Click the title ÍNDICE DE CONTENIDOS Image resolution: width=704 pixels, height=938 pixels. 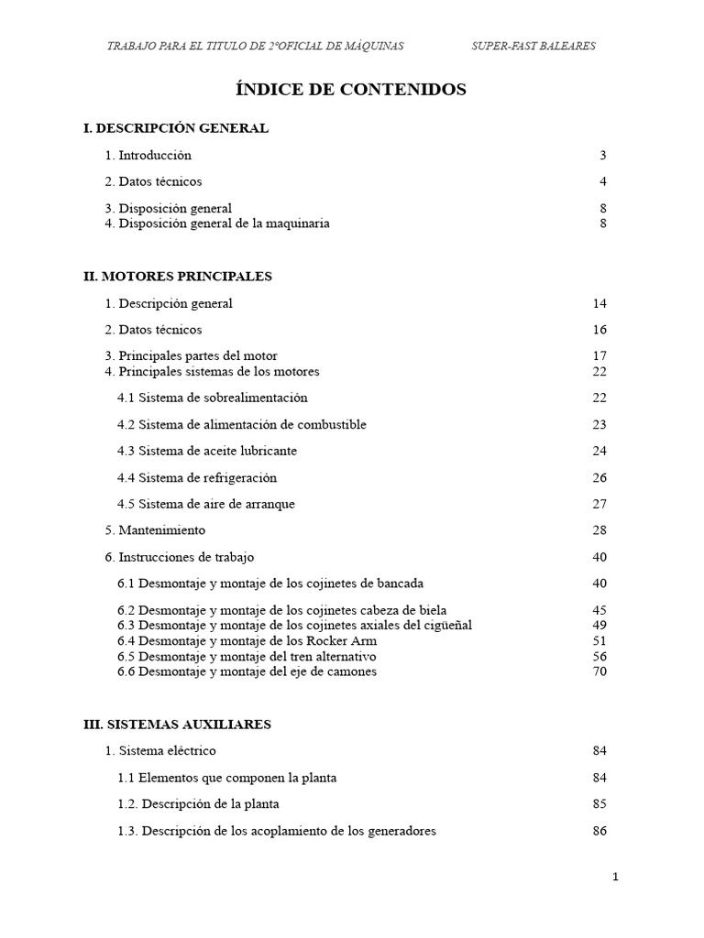351,90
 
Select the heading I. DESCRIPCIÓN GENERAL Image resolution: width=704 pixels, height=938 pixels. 176,128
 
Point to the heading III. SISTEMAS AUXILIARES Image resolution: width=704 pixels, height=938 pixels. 177,725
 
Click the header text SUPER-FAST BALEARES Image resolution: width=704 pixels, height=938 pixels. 533,46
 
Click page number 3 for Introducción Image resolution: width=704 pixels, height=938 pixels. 603,155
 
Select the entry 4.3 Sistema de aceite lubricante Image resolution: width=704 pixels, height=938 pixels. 207,451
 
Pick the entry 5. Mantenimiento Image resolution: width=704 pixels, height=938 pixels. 155,530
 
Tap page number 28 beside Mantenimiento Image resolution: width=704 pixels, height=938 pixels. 599,530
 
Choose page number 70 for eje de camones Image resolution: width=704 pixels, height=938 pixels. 599,671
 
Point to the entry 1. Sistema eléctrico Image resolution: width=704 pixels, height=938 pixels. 160,751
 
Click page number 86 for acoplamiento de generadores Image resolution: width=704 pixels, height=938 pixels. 599,831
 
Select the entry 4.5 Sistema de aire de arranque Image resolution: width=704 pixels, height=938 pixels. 206,504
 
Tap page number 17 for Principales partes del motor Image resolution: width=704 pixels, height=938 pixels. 599,355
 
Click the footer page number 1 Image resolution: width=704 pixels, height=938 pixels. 616,877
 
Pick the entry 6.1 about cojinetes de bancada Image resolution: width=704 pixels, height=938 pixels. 270,584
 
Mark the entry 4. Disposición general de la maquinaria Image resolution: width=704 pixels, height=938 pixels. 217,223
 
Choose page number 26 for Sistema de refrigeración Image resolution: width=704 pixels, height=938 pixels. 599,477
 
